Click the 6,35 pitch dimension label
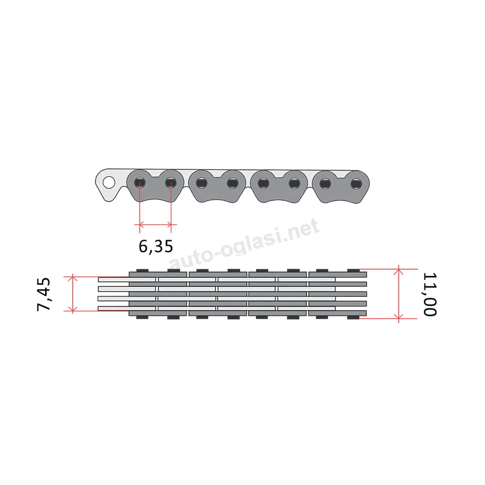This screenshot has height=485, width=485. [x=156, y=246]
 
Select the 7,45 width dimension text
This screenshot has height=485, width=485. [x=44, y=294]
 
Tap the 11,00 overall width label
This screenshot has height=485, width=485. [x=430, y=294]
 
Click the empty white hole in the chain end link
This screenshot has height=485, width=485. [x=109, y=182]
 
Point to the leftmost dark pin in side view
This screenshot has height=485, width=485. [x=140, y=183]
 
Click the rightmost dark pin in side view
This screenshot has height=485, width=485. [x=356, y=184]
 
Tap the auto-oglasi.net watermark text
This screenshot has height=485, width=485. [x=244, y=244]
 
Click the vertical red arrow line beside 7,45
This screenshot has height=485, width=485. [x=73, y=293]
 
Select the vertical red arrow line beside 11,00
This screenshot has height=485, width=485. [x=399, y=294]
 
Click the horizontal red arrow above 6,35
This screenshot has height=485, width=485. [x=155, y=224]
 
